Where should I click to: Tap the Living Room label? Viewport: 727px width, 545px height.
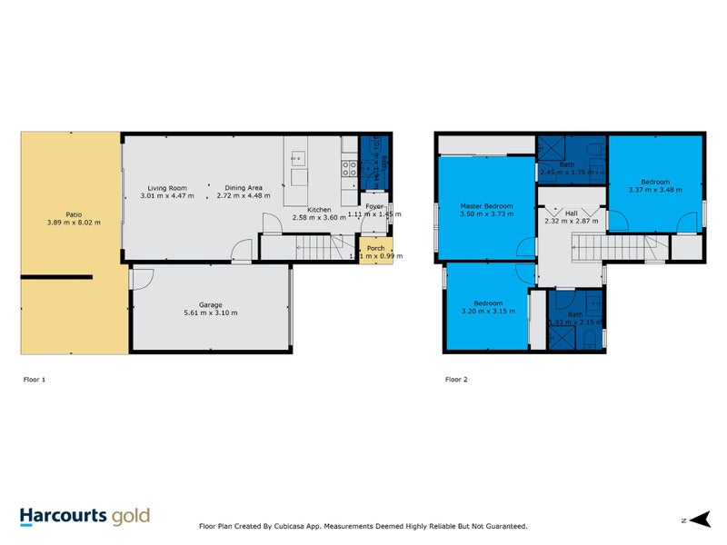pyautogui.click(x=167, y=188)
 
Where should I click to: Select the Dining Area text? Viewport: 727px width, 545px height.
pyautogui.click(x=244, y=188)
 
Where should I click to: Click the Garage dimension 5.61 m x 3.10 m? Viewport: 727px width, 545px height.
pyautogui.click(x=211, y=313)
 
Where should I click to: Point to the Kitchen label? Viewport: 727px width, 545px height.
pyautogui.click(x=319, y=210)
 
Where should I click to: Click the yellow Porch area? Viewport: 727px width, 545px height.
pyautogui.click(x=373, y=251)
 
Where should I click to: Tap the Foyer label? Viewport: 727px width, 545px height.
pyautogui.click(x=375, y=205)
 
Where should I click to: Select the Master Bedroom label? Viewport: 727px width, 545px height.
pyautogui.click(x=486, y=206)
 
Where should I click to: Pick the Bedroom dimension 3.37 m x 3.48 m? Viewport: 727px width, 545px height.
pyautogui.click(x=654, y=191)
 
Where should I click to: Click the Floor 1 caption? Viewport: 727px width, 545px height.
pyautogui.click(x=34, y=379)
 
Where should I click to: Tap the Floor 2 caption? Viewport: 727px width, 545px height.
pyautogui.click(x=456, y=379)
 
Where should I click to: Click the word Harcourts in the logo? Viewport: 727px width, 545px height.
pyautogui.click(x=65, y=517)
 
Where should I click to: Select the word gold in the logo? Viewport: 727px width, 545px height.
pyautogui.click(x=131, y=518)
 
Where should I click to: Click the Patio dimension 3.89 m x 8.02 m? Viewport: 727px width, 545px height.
pyautogui.click(x=75, y=223)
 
